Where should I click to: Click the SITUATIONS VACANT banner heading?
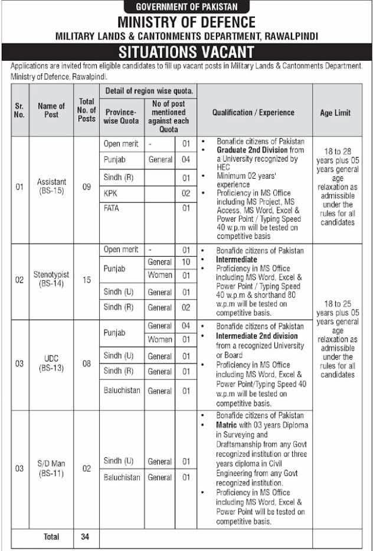click(186, 52)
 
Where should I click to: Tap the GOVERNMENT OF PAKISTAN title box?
click(186, 7)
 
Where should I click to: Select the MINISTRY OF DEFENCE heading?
click(186, 22)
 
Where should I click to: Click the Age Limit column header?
click(335, 113)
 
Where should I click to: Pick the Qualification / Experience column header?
click(253, 113)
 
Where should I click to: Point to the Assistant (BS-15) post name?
click(51, 186)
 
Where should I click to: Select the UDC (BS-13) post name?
click(51, 363)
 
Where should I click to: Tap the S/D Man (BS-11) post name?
click(51, 468)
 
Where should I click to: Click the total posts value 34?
click(86, 536)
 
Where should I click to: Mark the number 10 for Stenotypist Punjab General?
click(185, 262)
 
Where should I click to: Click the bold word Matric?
click(211, 425)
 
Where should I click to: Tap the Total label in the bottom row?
click(51, 536)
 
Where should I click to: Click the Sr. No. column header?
click(19, 110)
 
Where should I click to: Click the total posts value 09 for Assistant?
click(86, 187)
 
